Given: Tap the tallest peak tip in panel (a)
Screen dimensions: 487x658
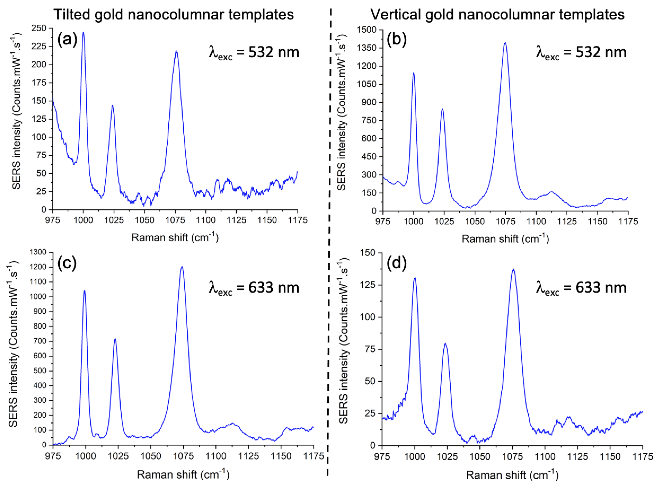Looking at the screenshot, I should tap(83, 32).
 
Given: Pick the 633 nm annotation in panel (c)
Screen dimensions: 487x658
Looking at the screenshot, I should tap(254, 287).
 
